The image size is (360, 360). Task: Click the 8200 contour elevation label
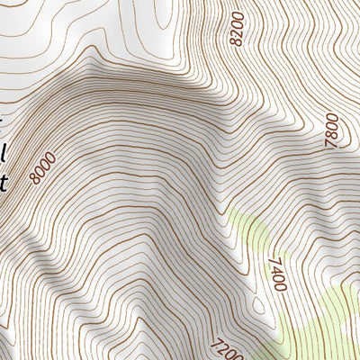(x=238, y=28)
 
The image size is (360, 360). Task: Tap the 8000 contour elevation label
(x=42, y=167)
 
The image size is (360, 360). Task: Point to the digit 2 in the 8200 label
(x=238, y=32)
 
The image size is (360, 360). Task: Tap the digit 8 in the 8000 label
(x=34, y=178)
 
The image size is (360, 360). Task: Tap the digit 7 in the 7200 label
(x=216, y=341)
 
